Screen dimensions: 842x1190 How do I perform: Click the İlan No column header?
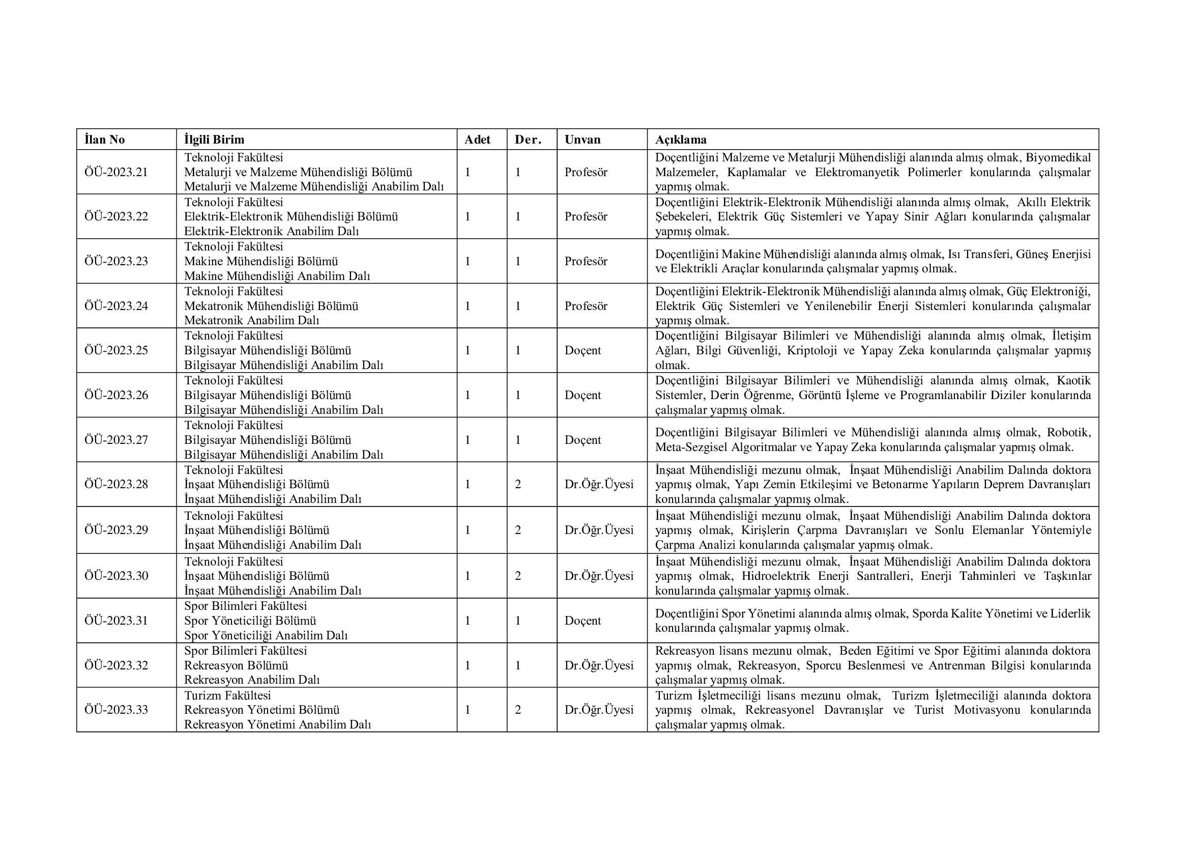pyautogui.click(x=105, y=139)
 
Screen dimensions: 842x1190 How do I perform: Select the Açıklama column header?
pyautogui.click(x=681, y=139)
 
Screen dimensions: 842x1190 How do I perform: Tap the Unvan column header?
pyautogui.click(x=583, y=139)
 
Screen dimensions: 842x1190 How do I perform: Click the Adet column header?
pyautogui.click(x=477, y=139)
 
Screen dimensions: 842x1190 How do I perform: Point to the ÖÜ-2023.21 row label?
pyautogui.click(x=116, y=172)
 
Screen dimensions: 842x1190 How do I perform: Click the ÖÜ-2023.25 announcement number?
pyautogui.click(x=116, y=350)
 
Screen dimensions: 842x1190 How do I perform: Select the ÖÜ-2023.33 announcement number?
pyautogui.click(x=116, y=710)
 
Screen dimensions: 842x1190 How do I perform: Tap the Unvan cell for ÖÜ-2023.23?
pyautogui.click(x=586, y=261)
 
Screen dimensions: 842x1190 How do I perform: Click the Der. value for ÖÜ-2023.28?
pyautogui.click(x=518, y=484)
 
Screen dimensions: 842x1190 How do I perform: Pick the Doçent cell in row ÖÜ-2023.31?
pyautogui.click(x=583, y=621)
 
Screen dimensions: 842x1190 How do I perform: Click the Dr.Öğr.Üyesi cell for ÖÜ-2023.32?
pyautogui.click(x=599, y=665)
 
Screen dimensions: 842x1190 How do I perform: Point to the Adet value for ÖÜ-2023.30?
pyautogui.click(x=468, y=576)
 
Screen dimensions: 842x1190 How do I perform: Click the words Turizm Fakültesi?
pyautogui.click(x=227, y=695)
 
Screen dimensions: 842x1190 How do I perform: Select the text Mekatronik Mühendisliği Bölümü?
pyautogui.click(x=271, y=306)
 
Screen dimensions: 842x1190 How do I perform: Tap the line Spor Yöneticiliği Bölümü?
pyautogui.click(x=250, y=621)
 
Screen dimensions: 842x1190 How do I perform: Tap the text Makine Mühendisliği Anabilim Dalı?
pyautogui.click(x=277, y=276)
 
